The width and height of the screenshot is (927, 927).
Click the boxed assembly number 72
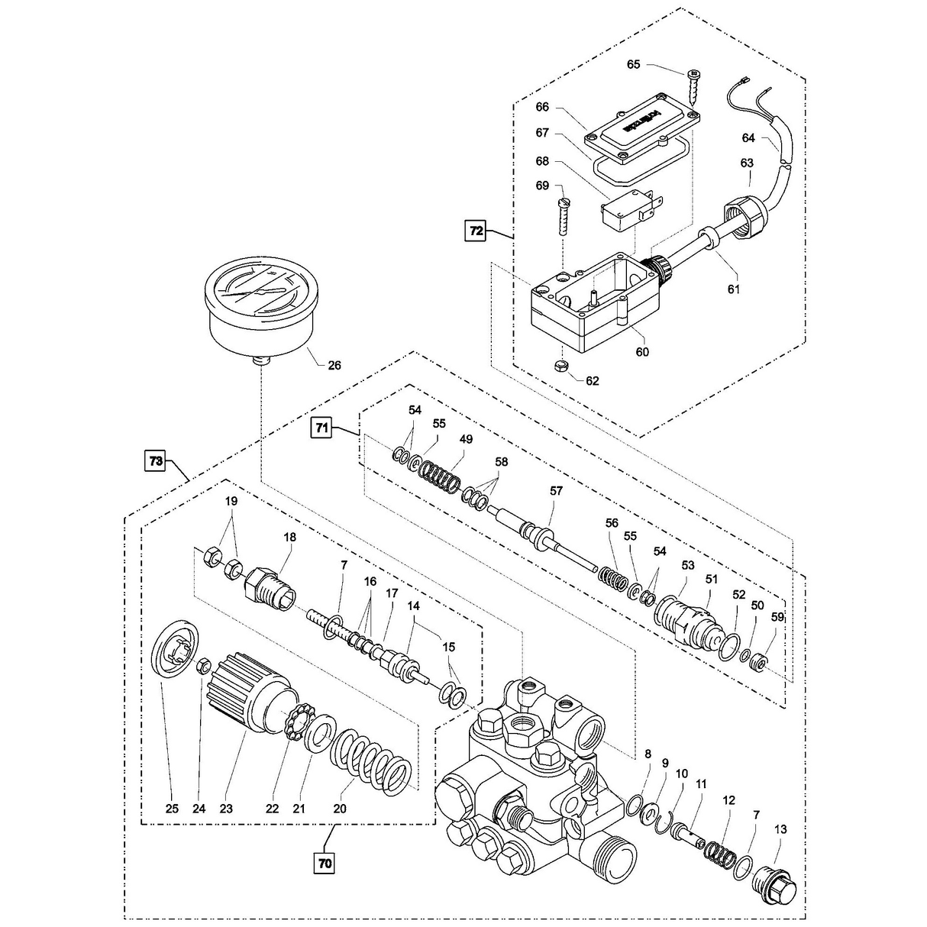pos(476,231)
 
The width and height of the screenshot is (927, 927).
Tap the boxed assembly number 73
pos(156,461)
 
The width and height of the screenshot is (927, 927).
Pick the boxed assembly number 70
pos(324,864)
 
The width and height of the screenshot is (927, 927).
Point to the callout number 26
pos(334,365)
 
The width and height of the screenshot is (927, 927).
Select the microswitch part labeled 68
pos(625,208)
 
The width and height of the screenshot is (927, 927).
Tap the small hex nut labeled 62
pos(559,366)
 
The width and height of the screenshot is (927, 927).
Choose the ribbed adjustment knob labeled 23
pos(246,693)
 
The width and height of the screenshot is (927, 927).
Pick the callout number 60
pos(641,352)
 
